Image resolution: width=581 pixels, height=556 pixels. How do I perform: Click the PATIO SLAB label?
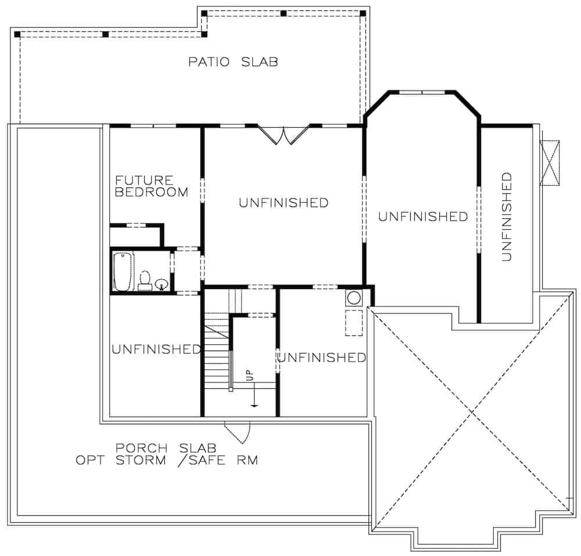[233, 62]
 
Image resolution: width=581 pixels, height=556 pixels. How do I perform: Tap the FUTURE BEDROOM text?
[152, 186]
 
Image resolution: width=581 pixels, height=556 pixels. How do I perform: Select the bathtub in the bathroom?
[123, 271]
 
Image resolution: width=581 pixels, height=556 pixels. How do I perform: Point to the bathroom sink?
[162, 284]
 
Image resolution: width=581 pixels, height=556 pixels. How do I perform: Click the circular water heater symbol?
[353, 299]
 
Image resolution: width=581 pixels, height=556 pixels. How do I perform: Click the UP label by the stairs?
[250, 375]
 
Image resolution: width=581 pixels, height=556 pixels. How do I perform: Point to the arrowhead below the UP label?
[254, 405]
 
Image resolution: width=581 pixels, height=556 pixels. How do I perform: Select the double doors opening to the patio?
[283, 135]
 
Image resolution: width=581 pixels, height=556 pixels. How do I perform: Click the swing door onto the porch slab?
[239, 432]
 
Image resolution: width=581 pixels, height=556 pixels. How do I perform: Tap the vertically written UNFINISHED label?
[507, 216]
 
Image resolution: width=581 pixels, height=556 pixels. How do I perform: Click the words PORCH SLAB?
[166, 448]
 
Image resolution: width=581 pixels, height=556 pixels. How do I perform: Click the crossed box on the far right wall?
[549, 163]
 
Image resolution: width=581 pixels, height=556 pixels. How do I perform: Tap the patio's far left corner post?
[17, 34]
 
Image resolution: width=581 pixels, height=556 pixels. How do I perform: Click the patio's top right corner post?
[363, 13]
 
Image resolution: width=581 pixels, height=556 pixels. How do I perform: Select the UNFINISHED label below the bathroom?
[156, 349]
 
